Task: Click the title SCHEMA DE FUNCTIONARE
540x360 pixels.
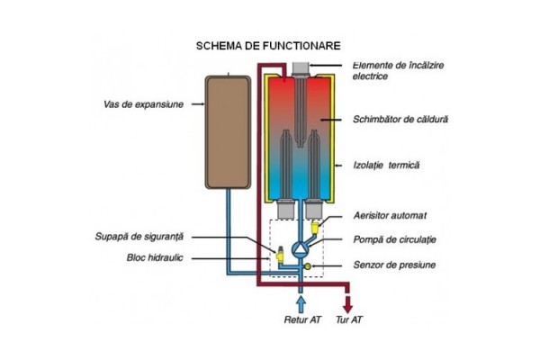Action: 270,44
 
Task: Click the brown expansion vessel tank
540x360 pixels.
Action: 227,131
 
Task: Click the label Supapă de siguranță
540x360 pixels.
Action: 139,237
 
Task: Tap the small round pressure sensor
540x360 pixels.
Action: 308,266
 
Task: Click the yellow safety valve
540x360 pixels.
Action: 281,256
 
